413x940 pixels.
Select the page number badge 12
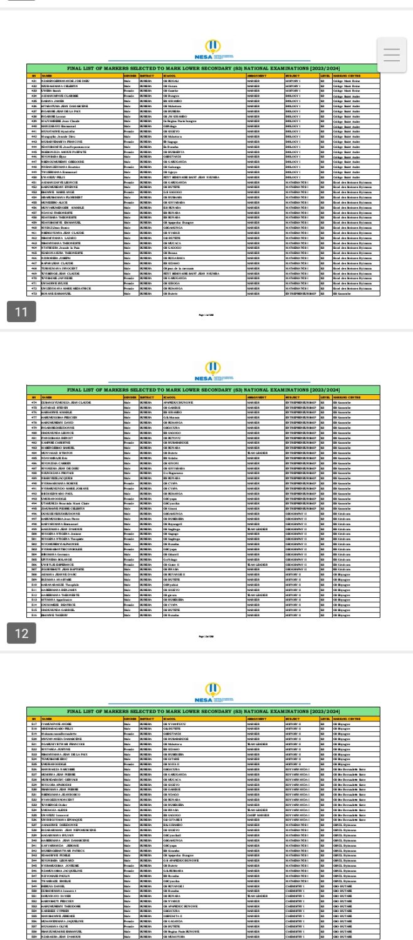coord(21,634)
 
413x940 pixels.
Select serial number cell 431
coord(34,81)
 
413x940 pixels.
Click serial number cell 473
coord(34,292)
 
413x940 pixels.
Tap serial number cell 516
coord(34,614)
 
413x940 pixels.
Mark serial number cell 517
coord(34,724)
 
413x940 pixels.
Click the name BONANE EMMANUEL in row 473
coord(56,292)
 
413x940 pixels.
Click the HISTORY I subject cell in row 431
coord(294,81)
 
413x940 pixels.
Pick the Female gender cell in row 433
coord(128,91)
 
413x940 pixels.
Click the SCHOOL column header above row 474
coord(169,397)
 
